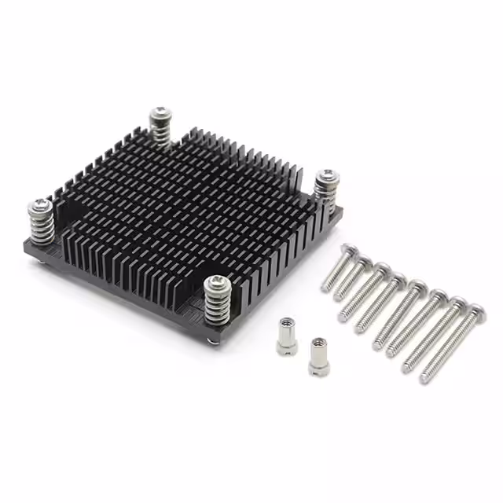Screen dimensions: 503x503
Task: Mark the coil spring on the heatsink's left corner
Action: tap(41, 227)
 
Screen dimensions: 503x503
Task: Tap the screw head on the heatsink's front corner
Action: tap(213, 282)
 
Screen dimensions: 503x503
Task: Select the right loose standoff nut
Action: tap(319, 356)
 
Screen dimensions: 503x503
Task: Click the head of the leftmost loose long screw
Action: tap(347, 251)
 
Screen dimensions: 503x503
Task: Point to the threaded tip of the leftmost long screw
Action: tap(325, 288)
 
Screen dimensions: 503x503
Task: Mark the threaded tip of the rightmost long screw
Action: tap(425, 378)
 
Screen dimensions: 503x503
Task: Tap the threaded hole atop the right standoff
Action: tap(318, 343)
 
